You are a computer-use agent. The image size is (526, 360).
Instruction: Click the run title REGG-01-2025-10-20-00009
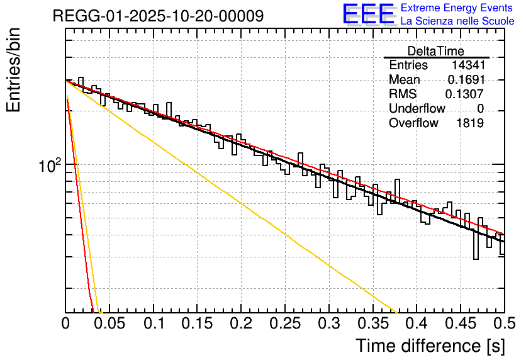158,16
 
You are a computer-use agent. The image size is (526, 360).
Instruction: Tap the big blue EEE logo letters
369,14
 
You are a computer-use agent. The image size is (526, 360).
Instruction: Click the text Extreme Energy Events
457,8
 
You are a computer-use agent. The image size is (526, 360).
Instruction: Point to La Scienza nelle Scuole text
457,21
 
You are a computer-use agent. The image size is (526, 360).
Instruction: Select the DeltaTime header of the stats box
436,51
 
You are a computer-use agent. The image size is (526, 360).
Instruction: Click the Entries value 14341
467,65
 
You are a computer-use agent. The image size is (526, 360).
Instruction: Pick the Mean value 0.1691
466,80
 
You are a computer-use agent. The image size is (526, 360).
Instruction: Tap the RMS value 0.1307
464,94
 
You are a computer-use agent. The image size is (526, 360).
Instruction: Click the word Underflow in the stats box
417,109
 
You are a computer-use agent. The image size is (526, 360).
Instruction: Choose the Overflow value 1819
469,123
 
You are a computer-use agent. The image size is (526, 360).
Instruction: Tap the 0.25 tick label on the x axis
285,323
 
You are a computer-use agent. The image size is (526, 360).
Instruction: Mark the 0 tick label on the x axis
66,323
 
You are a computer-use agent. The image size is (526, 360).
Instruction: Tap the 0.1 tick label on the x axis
154,323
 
